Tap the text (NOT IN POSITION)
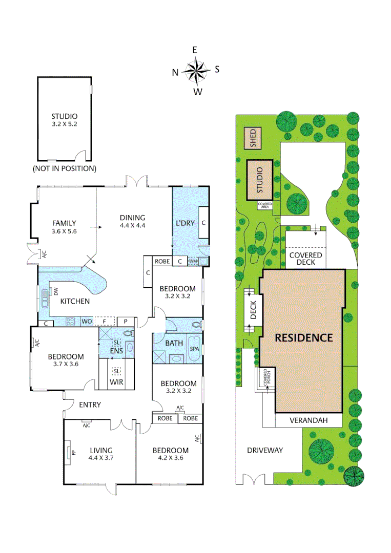(64, 168)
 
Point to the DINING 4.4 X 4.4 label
(133, 221)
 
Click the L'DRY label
(184, 223)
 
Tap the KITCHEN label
(75, 301)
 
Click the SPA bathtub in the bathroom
(194, 349)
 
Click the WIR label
(117, 381)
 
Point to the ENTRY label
(90, 405)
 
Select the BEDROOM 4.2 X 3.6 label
(171, 454)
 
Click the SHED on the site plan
(253, 138)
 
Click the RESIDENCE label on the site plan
(304, 337)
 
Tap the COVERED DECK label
(305, 258)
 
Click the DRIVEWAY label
(264, 450)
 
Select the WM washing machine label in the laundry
(193, 261)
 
